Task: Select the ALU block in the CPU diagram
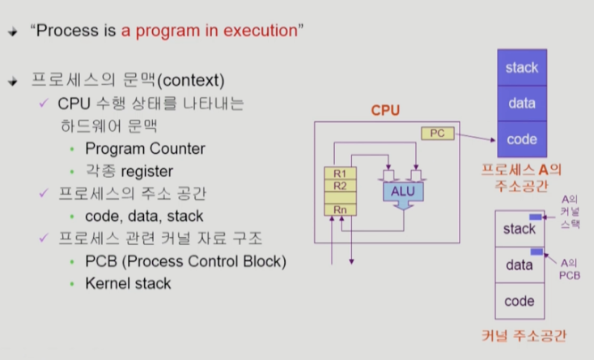pos(402,191)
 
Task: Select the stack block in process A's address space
pos(521,67)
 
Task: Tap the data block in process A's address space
pos(521,103)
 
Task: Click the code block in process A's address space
pos(521,139)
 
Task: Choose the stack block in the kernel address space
pos(519,229)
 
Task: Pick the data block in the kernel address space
pos(519,265)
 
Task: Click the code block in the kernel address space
pos(519,301)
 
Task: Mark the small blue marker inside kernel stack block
pos(535,217)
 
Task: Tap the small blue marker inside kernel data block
pos(535,252)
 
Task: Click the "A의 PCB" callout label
pos(571,269)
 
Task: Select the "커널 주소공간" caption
pos(524,336)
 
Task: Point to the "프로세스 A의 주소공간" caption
pos(521,177)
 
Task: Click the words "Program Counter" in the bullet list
pos(145,148)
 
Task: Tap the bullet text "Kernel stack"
pos(128,284)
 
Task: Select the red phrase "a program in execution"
pos(209,31)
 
